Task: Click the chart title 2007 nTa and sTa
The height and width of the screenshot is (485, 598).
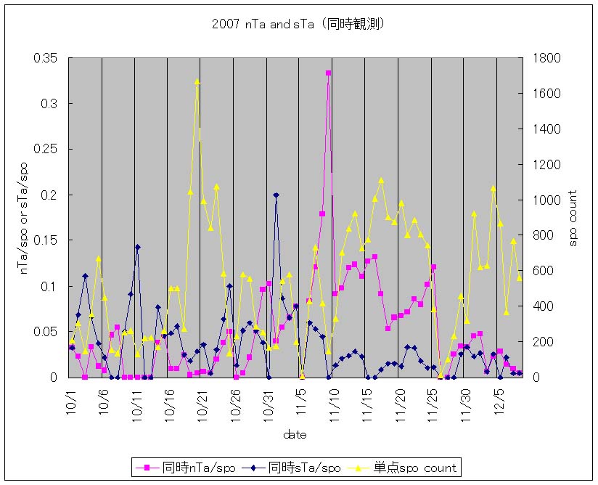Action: click(x=298, y=24)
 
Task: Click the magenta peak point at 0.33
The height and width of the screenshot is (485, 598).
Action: click(x=328, y=73)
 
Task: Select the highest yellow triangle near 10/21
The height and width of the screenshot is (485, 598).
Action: click(x=197, y=81)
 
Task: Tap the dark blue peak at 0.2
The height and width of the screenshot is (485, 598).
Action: click(x=276, y=195)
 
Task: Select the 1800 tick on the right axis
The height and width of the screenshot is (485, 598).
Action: click(x=544, y=58)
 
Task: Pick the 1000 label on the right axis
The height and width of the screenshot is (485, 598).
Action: click(x=544, y=200)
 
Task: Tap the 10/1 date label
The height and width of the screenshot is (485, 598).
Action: click(x=70, y=400)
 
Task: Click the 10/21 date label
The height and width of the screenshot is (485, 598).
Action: click(x=202, y=402)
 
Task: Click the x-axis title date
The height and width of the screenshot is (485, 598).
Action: click(x=295, y=435)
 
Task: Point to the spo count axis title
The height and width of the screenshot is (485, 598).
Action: click(x=573, y=218)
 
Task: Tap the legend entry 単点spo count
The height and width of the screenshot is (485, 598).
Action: click(x=411, y=468)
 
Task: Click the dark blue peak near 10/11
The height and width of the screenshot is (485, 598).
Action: click(x=137, y=247)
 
